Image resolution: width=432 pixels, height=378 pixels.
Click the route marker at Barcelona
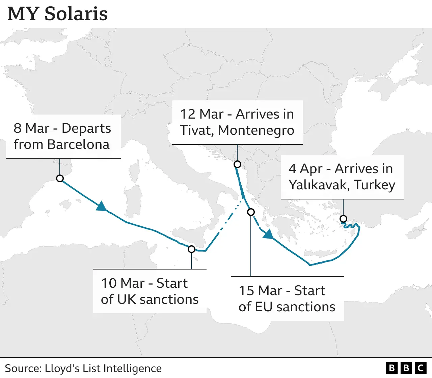(60, 178)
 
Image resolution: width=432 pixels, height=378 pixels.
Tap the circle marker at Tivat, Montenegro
(237, 164)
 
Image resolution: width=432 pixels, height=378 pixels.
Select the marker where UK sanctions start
(191, 249)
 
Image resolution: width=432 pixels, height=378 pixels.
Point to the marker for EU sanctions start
(251, 212)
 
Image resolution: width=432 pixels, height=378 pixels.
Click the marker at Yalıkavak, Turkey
(343, 219)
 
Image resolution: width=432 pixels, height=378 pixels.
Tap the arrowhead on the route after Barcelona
(101, 206)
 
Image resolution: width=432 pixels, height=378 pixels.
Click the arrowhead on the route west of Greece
(268, 234)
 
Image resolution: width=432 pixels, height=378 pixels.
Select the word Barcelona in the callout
(78, 145)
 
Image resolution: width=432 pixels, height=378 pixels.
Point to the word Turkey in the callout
(375, 185)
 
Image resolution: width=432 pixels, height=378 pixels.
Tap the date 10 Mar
(123, 283)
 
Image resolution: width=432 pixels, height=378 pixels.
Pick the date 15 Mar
(261, 291)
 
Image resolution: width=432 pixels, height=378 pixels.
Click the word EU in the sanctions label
(264, 307)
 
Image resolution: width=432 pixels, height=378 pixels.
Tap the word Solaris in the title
(76, 14)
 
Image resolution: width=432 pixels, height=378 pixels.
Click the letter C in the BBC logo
(421, 368)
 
